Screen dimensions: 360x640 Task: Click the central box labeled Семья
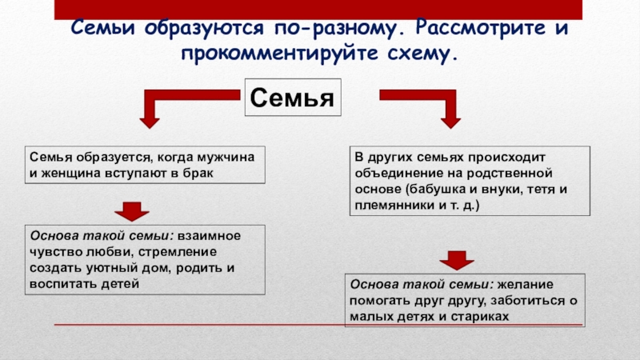(x=292, y=100)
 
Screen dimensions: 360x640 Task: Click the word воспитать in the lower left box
(x=60, y=284)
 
